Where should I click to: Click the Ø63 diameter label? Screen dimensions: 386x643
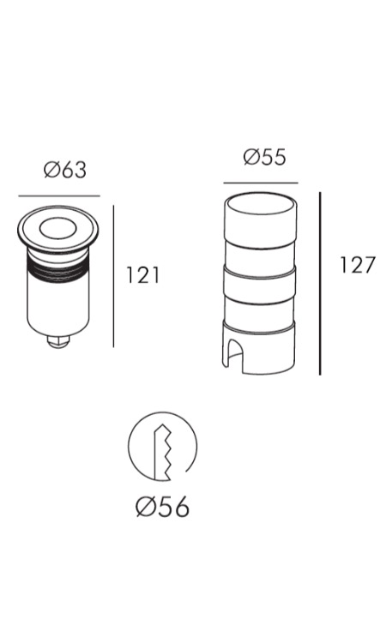click(x=65, y=170)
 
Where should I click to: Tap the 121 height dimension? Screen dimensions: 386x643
click(x=142, y=274)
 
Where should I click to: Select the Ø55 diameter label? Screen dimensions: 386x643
click(x=264, y=157)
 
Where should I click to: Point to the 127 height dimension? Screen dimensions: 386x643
click(x=358, y=265)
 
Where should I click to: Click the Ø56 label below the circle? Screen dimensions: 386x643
click(x=162, y=507)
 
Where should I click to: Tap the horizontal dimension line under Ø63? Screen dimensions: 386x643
click(x=59, y=196)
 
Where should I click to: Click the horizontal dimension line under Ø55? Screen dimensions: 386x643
click(x=261, y=183)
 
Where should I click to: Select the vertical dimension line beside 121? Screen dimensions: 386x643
click(x=113, y=276)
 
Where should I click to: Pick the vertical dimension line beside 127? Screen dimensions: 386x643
click(x=320, y=284)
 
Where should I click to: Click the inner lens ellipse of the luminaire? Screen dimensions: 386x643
click(x=57, y=227)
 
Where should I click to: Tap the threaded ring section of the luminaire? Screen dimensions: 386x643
click(x=57, y=267)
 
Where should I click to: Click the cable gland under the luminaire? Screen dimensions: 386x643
click(x=58, y=341)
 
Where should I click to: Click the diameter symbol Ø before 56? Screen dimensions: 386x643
click(x=145, y=507)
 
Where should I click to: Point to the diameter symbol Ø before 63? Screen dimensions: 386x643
click(x=51, y=170)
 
